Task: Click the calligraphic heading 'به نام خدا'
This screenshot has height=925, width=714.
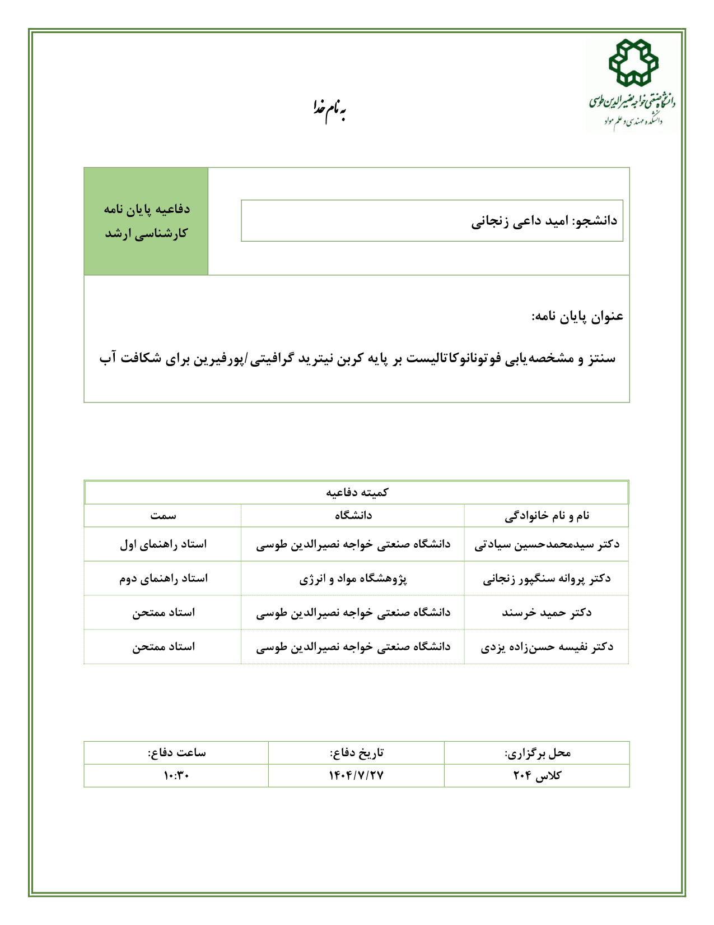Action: (x=329, y=109)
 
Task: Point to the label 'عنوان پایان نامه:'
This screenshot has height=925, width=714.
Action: (x=577, y=317)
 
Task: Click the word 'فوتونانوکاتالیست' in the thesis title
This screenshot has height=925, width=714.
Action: (x=453, y=358)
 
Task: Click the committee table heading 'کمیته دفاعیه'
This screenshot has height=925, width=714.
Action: (x=357, y=492)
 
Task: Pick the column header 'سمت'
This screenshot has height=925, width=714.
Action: (x=163, y=516)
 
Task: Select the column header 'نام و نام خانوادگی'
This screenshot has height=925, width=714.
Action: (x=547, y=516)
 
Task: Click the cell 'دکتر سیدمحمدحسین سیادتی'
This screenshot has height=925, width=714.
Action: (x=547, y=544)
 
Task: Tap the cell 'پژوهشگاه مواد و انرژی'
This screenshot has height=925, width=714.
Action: (x=353, y=579)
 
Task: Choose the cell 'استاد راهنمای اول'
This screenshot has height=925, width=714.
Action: (x=163, y=544)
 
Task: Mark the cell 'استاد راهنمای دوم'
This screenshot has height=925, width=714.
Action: (x=163, y=579)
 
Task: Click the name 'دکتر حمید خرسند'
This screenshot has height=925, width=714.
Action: (x=547, y=613)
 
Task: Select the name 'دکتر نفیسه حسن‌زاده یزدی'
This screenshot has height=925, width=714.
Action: (x=547, y=647)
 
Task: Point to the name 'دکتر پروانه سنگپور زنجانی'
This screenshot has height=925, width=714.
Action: (x=547, y=579)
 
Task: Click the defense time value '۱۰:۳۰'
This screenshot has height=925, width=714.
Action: (x=176, y=776)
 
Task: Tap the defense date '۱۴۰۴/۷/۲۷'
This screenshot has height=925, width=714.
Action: (x=356, y=776)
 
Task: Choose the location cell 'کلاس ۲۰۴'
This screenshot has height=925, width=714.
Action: (x=537, y=776)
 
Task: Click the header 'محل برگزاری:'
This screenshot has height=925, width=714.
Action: (x=537, y=753)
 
